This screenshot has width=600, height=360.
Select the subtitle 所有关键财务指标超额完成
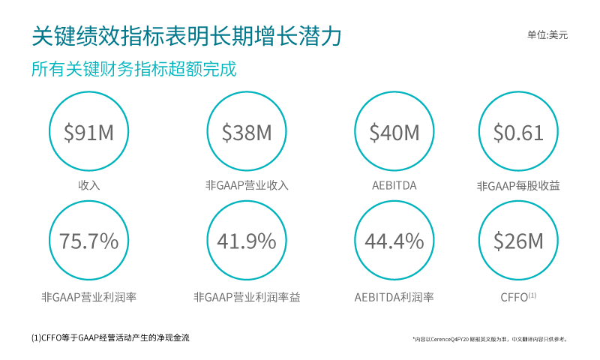point(134,70)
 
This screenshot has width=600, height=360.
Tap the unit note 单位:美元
point(547,34)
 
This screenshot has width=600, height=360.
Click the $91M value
point(88,133)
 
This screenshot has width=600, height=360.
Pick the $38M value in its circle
point(247,133)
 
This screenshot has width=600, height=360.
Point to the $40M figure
point(394,133)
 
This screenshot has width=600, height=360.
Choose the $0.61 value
point(518,133)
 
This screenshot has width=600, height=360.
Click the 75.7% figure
point(88,241)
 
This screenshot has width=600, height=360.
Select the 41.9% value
point(247,241)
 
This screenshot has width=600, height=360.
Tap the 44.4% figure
point(394,241)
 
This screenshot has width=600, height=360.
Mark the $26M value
point(518,241)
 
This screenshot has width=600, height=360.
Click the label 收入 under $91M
point(88,185)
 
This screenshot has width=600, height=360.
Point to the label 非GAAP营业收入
point(247,185)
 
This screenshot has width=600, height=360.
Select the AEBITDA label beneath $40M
point(394,185)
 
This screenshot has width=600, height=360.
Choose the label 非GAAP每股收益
point(518,185)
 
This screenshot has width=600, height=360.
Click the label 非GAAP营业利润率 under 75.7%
point(88,297)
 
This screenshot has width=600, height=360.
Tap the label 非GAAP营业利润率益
point(247,297)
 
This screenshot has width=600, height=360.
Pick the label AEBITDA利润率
point(394,297)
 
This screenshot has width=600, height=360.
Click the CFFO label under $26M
point(515,297)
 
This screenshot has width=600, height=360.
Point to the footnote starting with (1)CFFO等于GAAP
point(110,337)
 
